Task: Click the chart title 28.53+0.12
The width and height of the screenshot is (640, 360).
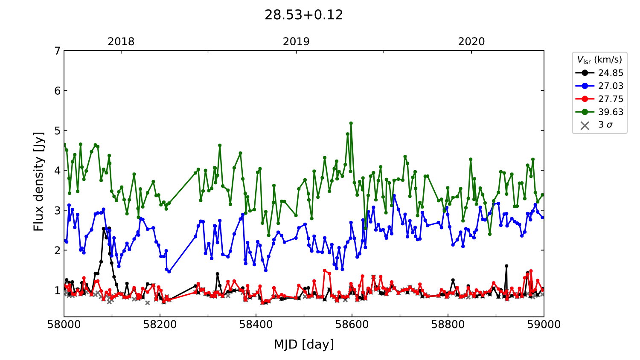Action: [304, 15]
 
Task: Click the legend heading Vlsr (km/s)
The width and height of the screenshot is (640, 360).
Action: [599, 60]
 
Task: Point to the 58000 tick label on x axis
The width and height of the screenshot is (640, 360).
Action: [64, 325]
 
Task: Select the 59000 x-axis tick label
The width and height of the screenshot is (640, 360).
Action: [544, 325]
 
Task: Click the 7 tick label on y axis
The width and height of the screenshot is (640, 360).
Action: [57, 51]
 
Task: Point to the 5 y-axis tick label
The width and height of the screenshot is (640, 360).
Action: [57, 131]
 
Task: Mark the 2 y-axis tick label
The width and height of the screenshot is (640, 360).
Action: [57, 250]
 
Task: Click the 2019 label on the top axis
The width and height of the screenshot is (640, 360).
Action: [296, 41]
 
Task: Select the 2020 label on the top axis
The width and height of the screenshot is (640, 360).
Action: [471, 41]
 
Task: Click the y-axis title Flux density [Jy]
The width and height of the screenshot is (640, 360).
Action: [39, 181]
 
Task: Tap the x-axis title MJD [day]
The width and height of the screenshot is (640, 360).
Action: [304, 344]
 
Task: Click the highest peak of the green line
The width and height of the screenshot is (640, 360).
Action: [351, 123]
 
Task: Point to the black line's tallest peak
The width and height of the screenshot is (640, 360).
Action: [109, 228]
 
